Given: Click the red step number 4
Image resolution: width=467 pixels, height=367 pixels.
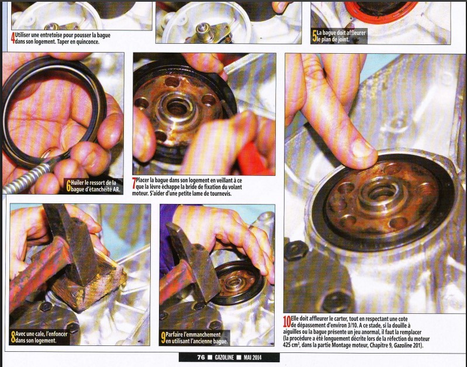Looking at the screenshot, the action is (x=13, y=39).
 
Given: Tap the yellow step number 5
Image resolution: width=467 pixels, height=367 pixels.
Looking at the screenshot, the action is (x=314, y=36).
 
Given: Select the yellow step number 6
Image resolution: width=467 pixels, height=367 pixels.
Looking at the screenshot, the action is (x=68, y=186).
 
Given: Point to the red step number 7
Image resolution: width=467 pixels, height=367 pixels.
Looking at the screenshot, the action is (x=134, y=183).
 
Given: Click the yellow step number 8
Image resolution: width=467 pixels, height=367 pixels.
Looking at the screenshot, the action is (x=13, y=337).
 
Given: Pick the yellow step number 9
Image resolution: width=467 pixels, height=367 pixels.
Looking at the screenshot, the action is (x=163, y=338).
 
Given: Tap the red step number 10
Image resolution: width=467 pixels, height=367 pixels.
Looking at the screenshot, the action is (x=287, y=322).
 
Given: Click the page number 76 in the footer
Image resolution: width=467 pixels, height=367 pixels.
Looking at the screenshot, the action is (x=201, y=357).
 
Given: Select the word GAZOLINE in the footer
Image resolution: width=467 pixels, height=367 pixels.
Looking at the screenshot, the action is (x=224, y=357).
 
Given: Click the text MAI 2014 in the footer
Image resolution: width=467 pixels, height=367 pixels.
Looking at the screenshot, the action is (x=252, y=357).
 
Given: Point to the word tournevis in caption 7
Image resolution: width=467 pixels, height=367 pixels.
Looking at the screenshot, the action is (x=221, y=193).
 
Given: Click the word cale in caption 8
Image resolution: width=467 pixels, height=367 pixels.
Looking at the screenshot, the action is (x=40, y=334).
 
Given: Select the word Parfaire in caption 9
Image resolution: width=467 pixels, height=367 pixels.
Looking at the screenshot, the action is (x=175, y=334).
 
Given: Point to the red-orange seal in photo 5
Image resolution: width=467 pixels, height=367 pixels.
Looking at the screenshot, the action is (x=381, y=12).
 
